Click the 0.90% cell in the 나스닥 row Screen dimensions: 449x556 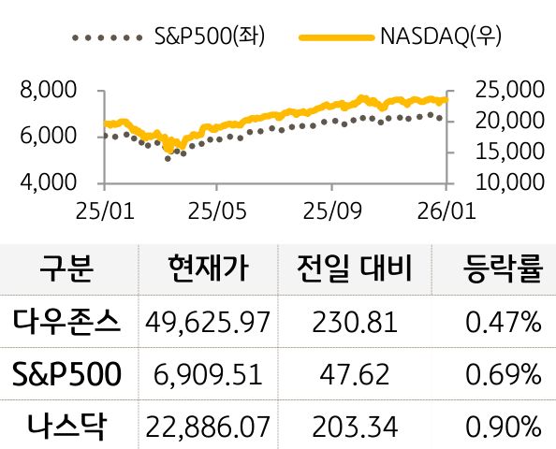point(504,427)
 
